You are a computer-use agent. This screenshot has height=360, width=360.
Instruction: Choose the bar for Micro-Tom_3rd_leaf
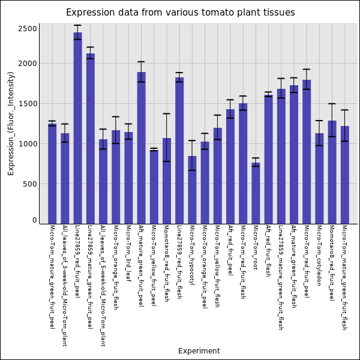click(x=128, y=178)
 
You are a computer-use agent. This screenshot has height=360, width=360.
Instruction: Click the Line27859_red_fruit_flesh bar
click(x=179, y=151)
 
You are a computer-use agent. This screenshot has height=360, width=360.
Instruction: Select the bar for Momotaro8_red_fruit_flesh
click(x=167, y=181)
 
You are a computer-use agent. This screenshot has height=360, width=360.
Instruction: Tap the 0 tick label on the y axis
click(x=35, y=220)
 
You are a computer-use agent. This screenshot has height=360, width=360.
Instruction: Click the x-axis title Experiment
click(x=199, y=351)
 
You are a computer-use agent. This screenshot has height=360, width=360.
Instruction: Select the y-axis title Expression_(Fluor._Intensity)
click(x=11, y=123)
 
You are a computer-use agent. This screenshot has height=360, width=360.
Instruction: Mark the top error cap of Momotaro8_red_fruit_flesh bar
click(x=167, y=114)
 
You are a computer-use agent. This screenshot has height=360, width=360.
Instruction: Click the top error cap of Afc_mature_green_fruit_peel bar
click(x=141, y=62)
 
